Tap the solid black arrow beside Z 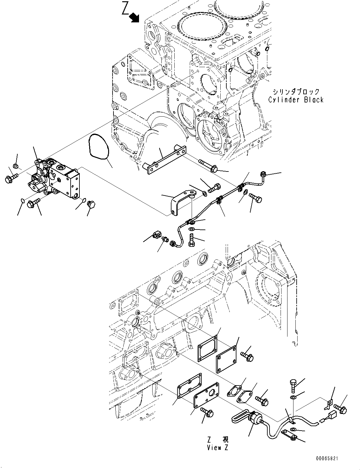tap(135, 17)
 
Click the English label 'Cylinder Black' tap(296, 100)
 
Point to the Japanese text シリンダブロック tap(296, 92)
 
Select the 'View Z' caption tap(218, 447)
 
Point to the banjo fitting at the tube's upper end tap(264, 174)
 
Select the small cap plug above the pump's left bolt tap(16, 166)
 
